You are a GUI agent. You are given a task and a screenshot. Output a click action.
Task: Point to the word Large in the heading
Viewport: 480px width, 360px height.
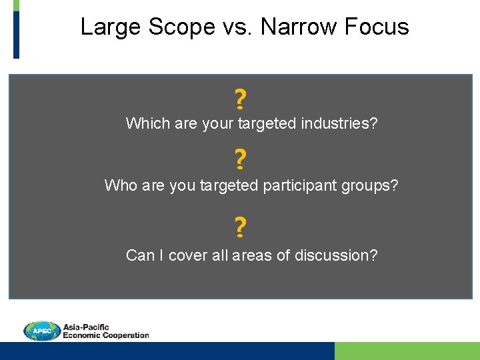click(x=109, y=27)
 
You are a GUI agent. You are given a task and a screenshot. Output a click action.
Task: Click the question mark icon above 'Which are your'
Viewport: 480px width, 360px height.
click(x=240, y=100)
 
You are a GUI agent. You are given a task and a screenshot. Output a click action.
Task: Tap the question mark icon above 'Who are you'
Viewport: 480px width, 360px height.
click(x=240, y=160)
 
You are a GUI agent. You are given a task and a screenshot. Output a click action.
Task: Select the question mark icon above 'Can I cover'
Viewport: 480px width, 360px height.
click(x=240, y=228)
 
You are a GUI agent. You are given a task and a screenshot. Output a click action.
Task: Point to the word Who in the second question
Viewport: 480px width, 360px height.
click(x=121, y=185)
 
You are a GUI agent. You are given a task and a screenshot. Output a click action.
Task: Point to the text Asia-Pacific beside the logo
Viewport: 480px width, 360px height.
click(x=86, y=327)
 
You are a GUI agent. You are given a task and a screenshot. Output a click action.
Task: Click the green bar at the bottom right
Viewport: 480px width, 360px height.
click(x=407, y=351)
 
